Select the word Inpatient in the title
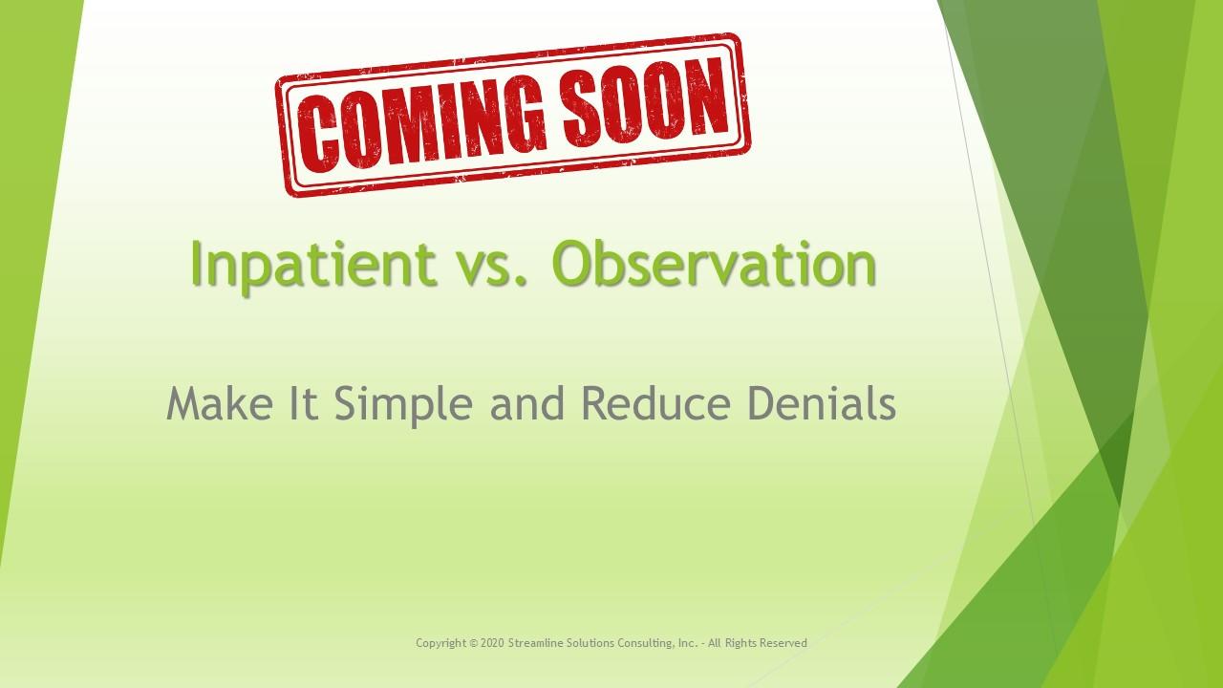313,265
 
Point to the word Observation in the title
714,263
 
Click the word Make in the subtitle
220,402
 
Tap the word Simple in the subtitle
403,404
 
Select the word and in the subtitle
526,402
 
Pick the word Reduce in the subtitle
655,402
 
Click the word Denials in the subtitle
822,402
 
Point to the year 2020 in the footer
492,643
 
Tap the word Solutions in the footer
590,643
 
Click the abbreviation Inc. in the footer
688,643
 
